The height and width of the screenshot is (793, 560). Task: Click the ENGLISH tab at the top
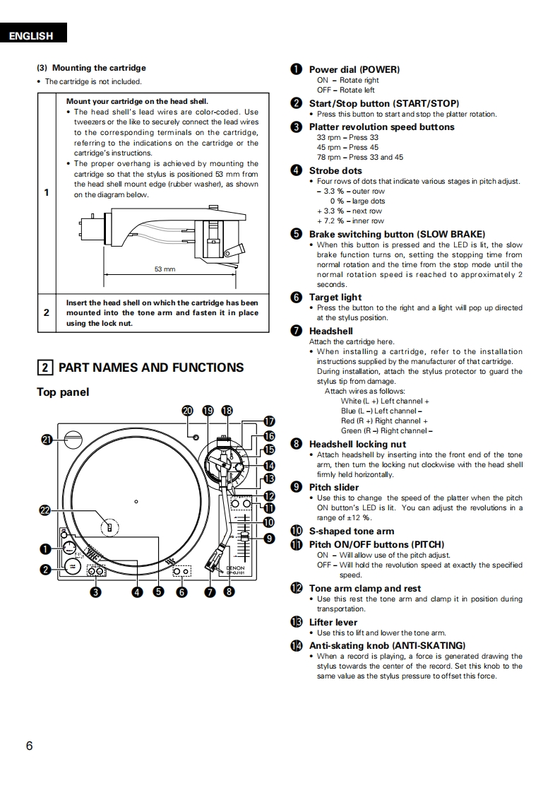[x=31, y=36]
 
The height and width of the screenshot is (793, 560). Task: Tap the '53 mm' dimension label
[x=165, y=269]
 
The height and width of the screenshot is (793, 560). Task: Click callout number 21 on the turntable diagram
[x=47, y=439]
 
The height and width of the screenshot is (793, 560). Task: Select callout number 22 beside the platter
[x=47, y=510]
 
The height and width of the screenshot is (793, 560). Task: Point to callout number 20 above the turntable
[x=187, y=411]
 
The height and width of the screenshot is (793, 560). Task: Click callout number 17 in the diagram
[x=268, y=422]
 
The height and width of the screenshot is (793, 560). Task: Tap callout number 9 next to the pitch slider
[x=268, y=539]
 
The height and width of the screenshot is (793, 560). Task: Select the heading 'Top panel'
[x=63, y=392]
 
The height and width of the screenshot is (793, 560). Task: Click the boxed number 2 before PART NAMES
[x=44, y=368]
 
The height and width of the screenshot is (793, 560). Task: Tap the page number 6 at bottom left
[x=29, y=746]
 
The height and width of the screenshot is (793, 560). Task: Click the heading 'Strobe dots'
[x=335, y=170]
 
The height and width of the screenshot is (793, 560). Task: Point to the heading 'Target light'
[x=335, y=298]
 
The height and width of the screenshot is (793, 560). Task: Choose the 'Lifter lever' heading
[x=333, y=623]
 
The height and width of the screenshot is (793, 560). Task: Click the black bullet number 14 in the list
[x=297, y=646]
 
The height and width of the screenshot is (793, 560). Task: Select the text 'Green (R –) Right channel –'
[x=386, y=430]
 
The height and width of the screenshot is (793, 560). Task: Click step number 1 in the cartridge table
[x=47, y=192]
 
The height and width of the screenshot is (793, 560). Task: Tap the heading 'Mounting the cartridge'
[x=99, y=68]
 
